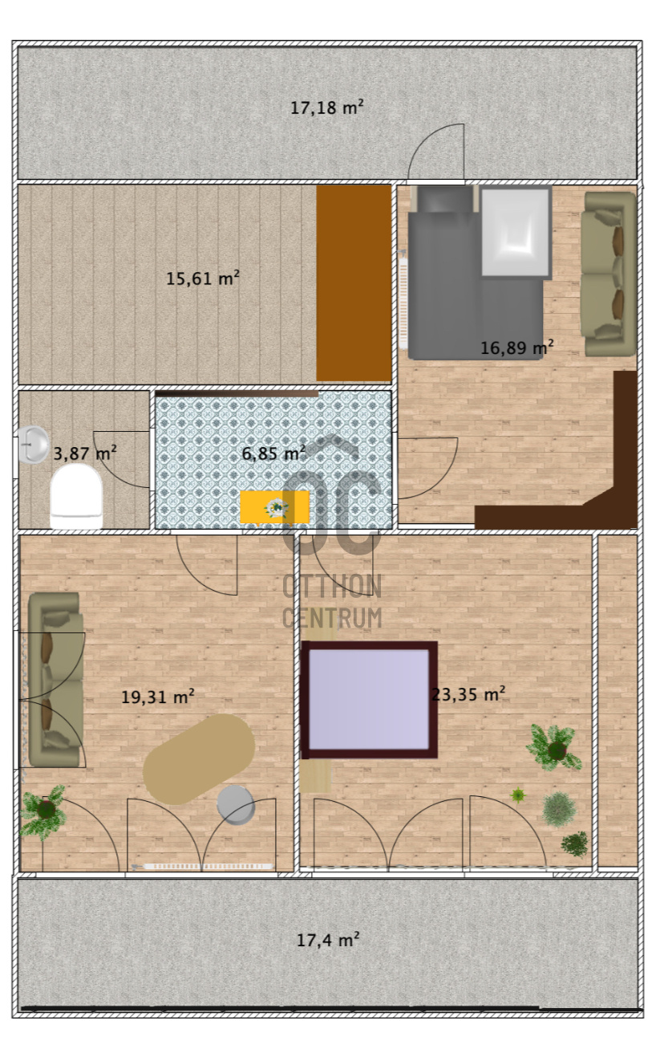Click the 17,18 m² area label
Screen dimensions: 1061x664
click(326, 107)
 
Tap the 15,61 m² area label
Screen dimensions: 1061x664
click(202, 278)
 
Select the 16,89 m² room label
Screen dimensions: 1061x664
click(517, 348)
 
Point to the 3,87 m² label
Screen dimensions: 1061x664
click(84, 453)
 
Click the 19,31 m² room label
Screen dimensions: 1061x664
click(157, 697)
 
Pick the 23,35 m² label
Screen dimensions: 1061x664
click(468, 694)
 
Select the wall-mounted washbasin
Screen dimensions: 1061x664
click(33, 445)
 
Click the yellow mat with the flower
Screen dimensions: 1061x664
click(274, 507)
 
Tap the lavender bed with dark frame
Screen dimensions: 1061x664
click(370, 700)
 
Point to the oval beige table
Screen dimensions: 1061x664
click(199, 758)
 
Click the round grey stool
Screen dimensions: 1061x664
click(236, 804)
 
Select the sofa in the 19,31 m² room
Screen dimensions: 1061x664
click(55, 679)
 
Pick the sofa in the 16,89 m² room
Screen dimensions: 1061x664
click(609, 273)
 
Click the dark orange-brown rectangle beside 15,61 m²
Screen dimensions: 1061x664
click(354, 283)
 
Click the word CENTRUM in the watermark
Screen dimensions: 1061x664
click(332, 618)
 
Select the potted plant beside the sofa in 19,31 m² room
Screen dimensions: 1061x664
click(44, 811)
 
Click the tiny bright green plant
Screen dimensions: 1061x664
click(518, 795)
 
